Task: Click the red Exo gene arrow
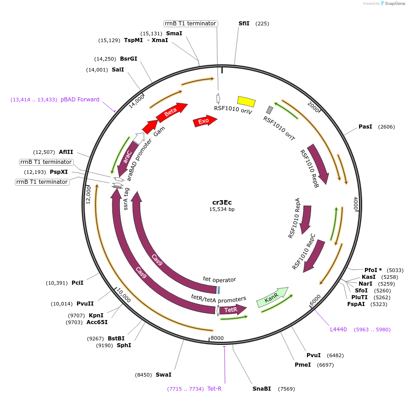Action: point(205,121)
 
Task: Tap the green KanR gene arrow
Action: point(272,297)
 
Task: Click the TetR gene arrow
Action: point(232,310)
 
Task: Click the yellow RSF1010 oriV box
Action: point(247,101)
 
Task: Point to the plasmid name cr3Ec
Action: point(222,202)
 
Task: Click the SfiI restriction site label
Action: point(244,24)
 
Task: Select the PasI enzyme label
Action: point(365,127)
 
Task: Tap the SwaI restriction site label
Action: point(163,375)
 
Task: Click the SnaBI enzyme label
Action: point(262,388)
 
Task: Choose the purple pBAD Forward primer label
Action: point(80,100)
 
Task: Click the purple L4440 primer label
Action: point(338,329)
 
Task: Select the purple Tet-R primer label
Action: point(214,388)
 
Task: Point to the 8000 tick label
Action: point(217,338)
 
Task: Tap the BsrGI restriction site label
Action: point(129,59)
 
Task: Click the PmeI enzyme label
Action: point(302,364)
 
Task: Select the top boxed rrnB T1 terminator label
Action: point(190,24)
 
